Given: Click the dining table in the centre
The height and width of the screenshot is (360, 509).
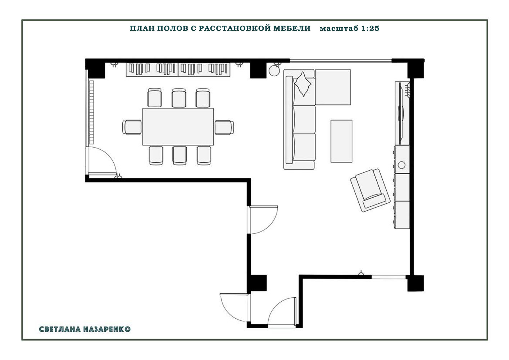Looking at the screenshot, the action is [x=178, y=127].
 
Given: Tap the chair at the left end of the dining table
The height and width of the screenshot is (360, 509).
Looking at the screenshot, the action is [x=132, y=127].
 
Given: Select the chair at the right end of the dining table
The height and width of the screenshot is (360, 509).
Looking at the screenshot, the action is [x=224, y=127].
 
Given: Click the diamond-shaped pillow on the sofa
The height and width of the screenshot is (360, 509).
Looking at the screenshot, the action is [x=303, y=84].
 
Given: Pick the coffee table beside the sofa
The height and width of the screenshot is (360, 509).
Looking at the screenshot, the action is [x=341, y=141].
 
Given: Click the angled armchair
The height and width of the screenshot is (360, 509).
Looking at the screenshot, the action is [x=370, y=190].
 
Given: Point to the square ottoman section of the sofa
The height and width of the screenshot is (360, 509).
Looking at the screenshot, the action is [x=333, y=87].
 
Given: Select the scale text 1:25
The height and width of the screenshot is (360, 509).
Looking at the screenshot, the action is [x=370, y=28].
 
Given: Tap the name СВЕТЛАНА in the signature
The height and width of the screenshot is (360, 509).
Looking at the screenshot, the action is [x=60, y=329].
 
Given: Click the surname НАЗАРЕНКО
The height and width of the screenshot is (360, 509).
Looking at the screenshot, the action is [x=107, y=329].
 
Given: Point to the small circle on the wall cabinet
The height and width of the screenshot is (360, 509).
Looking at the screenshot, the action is [x=401, y=165].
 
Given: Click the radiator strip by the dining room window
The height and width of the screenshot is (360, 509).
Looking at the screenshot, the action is [x=91, y=112].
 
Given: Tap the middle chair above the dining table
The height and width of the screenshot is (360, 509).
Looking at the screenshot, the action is [x=179, y=98].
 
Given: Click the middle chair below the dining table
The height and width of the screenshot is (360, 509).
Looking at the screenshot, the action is [x=179, y=156].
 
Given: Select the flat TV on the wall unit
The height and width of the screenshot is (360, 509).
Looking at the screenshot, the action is [x=401, y=113].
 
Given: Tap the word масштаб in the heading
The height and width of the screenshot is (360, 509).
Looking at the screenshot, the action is [x=339, y=29].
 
